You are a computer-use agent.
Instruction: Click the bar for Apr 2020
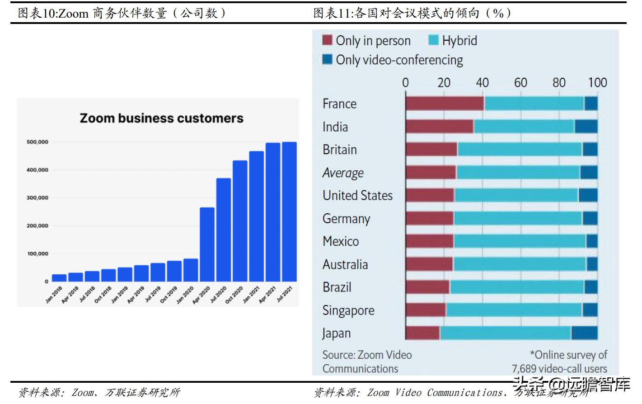(207, 244)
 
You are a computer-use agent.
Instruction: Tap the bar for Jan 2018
(59, 277)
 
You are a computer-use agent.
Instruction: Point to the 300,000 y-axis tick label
(37, 198)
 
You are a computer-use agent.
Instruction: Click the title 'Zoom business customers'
(161, 118)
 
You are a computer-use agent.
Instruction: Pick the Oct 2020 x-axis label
(234, 294)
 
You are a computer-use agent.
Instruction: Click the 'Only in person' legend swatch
(328, 40)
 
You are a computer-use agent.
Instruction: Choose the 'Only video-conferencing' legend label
(399, 60)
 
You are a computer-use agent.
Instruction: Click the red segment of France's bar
(445, 103)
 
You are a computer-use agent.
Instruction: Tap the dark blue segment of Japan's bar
(584, 333)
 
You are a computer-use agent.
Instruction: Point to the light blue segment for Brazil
(516, 287)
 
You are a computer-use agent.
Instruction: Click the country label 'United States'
(357, 195)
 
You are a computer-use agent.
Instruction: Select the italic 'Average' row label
(343, 173)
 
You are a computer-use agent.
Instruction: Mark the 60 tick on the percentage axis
(520, 82)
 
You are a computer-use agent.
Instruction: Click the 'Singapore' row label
(348, 310)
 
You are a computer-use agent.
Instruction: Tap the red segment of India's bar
(440, 127)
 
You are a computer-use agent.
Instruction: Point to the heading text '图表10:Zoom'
(53, 13)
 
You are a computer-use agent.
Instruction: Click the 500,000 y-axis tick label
(37, 142)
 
